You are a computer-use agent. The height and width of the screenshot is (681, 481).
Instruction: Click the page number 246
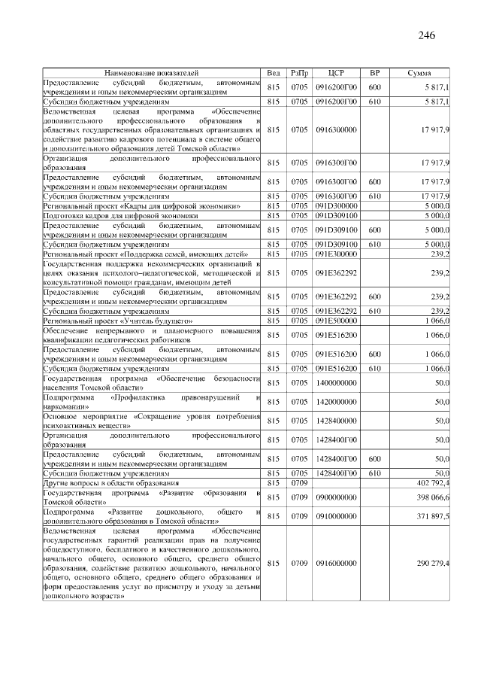tap(425, 35)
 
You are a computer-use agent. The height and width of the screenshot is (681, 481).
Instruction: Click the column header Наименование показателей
tap(151, 73)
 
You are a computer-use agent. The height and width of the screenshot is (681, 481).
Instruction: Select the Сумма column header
tap(419, 73)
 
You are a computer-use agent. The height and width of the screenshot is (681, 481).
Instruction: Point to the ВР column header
tap(374, 73)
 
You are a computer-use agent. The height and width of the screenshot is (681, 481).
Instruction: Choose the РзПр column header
tap(299, 73)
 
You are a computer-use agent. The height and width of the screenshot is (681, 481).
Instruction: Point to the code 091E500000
tap(336, 321)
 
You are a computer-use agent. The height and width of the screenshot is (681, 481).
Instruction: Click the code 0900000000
tap(336, 497)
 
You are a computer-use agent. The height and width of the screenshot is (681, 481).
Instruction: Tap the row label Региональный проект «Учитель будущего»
tap(115, 321)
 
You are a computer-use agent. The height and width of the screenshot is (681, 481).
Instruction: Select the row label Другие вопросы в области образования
tap(110, 482)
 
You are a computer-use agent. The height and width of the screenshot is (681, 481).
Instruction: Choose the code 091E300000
tap(336, 255)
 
